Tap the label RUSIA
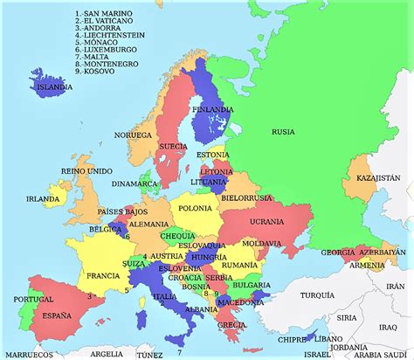click(x=282, y=132)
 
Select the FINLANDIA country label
click(x=213, y=110)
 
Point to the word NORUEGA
click(x=134, y=135)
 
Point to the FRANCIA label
click(x=103, y=275)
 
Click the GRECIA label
click(x=231, y=324)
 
